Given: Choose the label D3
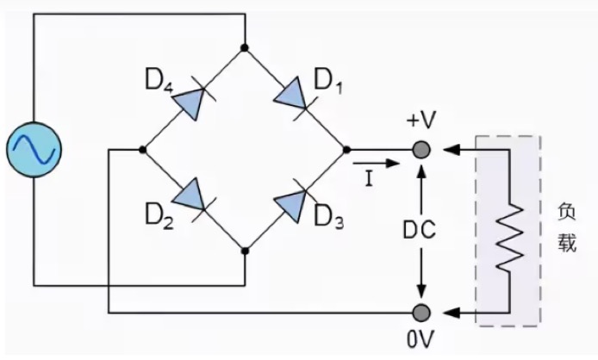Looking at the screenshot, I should point(328,219).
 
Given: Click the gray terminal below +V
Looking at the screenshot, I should point(421,149).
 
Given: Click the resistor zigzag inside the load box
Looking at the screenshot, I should point(508,233).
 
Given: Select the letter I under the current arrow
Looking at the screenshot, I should point(369,178).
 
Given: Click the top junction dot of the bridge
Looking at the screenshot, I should point(245,47).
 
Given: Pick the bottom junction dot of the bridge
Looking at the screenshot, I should point(245,251).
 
